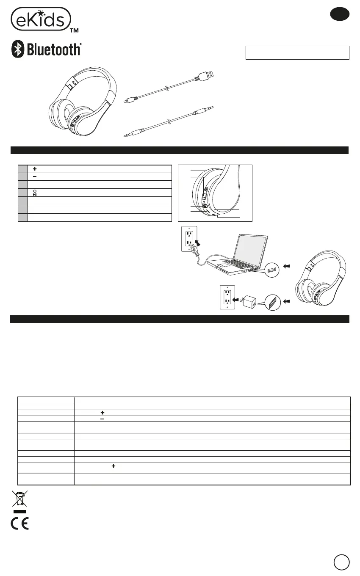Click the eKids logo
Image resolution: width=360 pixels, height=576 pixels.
pos(40,19)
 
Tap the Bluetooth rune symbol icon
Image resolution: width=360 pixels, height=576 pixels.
pos(17,50)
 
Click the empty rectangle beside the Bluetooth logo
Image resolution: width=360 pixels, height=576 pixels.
pos(297,53)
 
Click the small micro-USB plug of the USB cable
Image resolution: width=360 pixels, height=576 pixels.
pos(127,101)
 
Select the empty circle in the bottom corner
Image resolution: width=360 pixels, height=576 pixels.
pos(341,562)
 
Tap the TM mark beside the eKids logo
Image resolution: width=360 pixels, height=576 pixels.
pos(74,30)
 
